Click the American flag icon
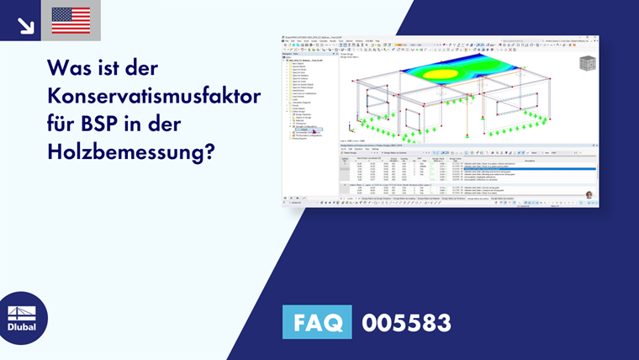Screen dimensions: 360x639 tap(71, 20)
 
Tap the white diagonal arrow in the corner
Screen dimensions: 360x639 tap(25, 25)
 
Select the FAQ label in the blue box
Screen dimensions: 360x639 tap(318, 322)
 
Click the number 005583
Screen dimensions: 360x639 tap(406, 322)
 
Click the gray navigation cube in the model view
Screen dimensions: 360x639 tap(587, 63)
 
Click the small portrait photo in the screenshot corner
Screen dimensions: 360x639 tap(589, 194)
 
